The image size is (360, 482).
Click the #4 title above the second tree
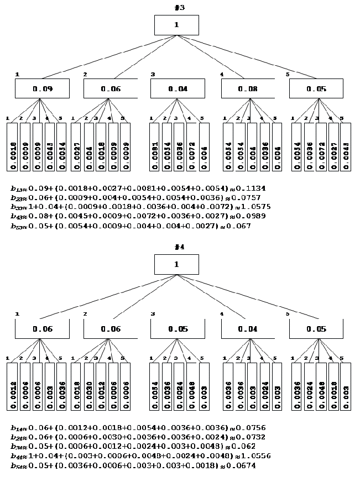(x=176, y=249)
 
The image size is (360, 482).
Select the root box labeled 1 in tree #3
(x=176, y=25)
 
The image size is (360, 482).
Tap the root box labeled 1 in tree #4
(x=176, y=264)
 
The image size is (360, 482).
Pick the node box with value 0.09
(x=42, y=88)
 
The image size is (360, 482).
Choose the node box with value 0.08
(x=248, y=88)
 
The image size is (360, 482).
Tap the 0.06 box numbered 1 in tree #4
(x=42, y=329)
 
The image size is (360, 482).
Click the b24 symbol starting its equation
(x=18, y=437)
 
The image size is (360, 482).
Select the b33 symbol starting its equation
(x=18, y=207)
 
